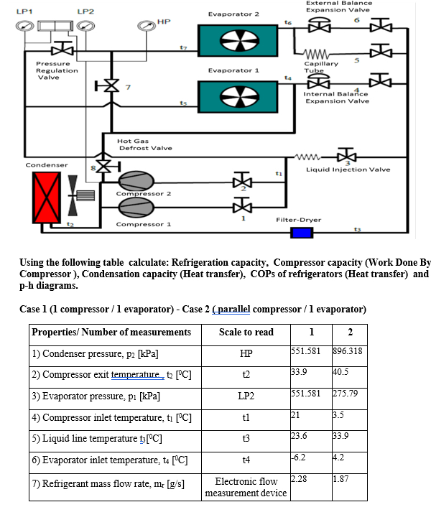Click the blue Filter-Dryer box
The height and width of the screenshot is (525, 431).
click(x=301, y=232)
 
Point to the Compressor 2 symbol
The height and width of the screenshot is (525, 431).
click(x=136, y=180)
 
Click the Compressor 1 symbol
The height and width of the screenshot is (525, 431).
click(x=136, y=208)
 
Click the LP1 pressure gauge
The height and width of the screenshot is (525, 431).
click(x=24, y=27)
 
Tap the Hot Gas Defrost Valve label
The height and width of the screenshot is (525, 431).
click(x=145, y=145)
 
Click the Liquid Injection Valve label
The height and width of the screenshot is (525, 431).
click(x=348, y=169)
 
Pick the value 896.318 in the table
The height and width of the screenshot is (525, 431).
click(x=348, y=350)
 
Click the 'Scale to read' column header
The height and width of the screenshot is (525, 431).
click(x=246, y=332)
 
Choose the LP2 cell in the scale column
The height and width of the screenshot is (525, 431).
click(x=246, y=396)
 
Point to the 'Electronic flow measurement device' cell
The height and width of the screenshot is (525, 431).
click(x=246, y=487)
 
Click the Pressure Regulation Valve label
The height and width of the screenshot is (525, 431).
click(x=57, y=70)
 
